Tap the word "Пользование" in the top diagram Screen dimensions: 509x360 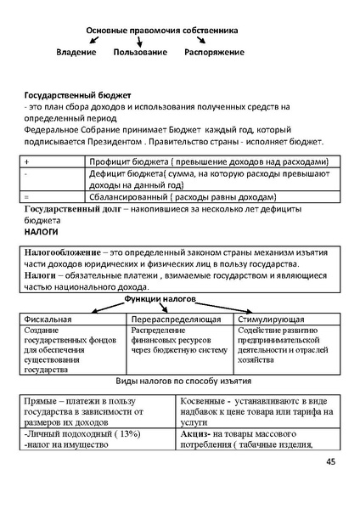coord(140,53)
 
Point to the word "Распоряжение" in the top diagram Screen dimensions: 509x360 coord(214,53)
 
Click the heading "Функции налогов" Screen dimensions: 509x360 coord(161,300)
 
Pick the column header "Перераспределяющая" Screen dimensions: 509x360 coord(177,319)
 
